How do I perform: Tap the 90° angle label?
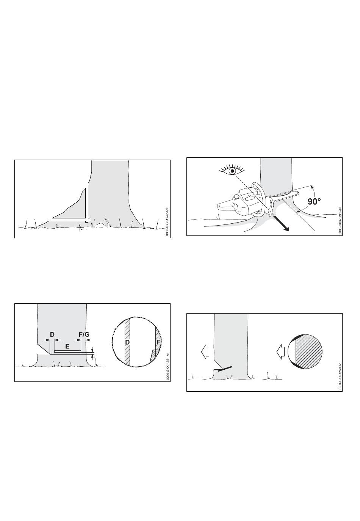pos(314,201)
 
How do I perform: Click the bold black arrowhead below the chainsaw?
pos(286,229)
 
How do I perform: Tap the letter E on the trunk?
pos(67,346)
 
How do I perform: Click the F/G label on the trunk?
pos(84,334)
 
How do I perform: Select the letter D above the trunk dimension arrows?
pos(52,334)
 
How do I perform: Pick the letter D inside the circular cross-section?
pos(127,342)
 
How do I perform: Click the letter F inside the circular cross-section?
pos(158,342)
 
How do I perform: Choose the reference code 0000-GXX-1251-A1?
pos(167,366)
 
